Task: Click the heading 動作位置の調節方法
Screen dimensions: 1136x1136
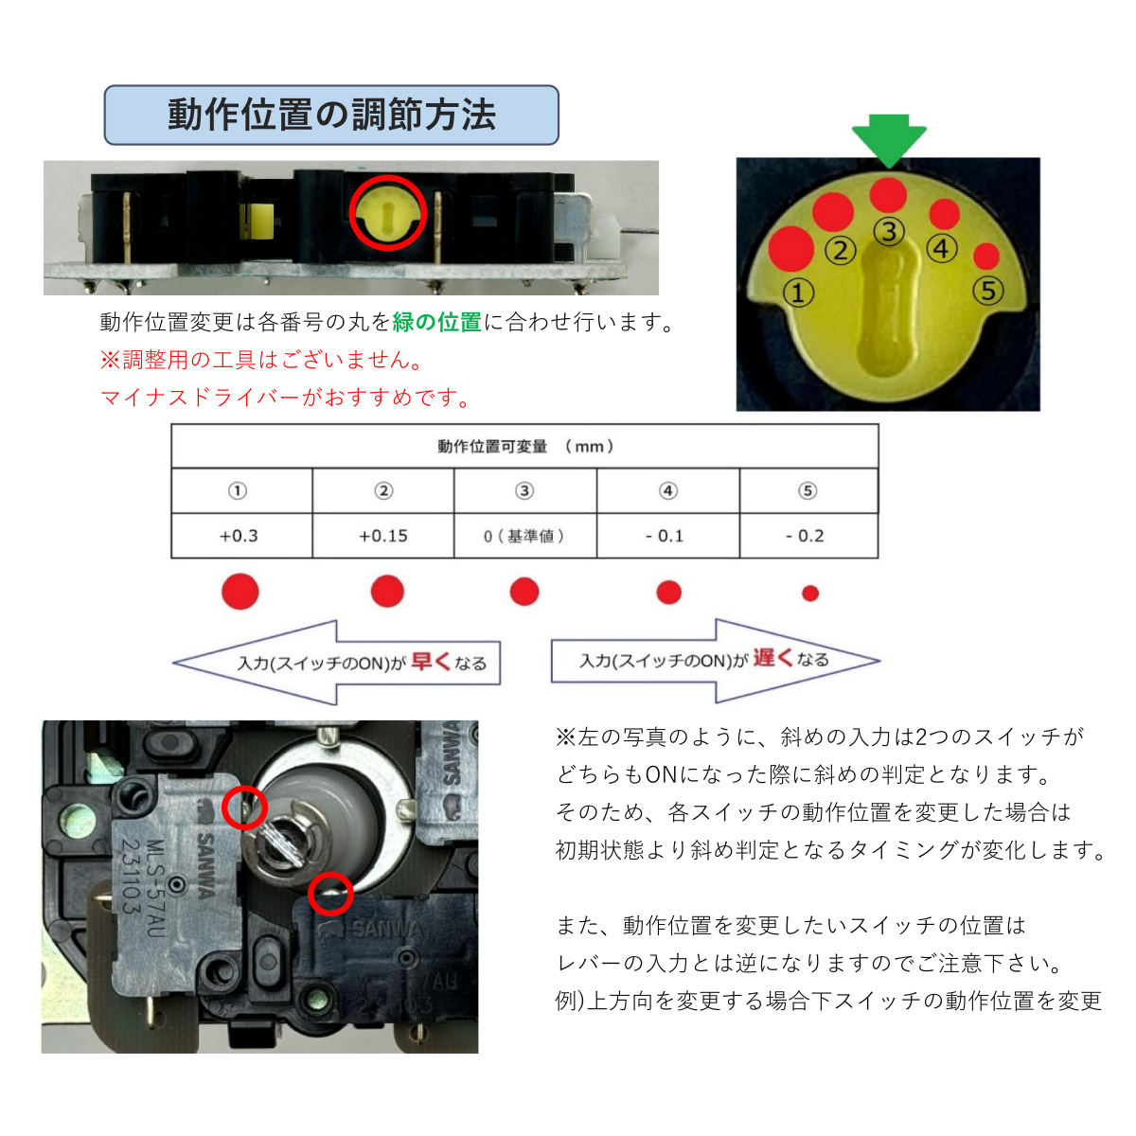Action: (x=331, y=115)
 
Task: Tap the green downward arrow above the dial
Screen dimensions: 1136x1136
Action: (x=889, y=140)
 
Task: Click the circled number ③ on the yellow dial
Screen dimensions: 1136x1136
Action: (x=889, y=231)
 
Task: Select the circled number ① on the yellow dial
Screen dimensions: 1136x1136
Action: (x=798, y=293)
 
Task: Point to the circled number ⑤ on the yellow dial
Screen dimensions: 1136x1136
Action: (x=987, y=290)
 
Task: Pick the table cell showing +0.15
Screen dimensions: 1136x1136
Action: (x=383, y=536)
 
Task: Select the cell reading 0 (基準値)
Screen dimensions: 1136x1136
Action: (x=524, y=536)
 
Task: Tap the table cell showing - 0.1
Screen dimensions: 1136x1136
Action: (x=667, y=536)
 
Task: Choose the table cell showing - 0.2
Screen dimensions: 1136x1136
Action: (x=808, y=536)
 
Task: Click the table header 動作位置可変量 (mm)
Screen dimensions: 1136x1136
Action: (x=524, y=446)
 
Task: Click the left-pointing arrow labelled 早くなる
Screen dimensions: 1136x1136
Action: (x=336, y=662)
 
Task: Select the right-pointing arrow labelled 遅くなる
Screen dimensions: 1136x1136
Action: (x=716, y=660)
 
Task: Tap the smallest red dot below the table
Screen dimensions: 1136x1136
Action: (x=809, y=594)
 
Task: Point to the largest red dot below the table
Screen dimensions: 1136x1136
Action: (x=240, y=592)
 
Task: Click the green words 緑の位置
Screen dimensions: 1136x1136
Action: (x=436, y=322)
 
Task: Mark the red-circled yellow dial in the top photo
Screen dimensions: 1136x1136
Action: (x=388, y=213)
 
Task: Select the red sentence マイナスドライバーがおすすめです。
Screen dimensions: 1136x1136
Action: (x=286, y=398)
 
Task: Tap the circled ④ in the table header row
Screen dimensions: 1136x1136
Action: (x=667, y=490)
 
